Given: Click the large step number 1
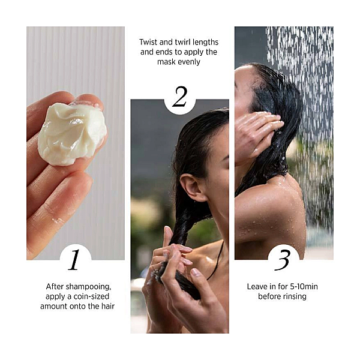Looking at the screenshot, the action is pyautogui.click(x=74, y=260).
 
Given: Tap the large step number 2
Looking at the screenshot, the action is pyautogui.click(x=180, y=97).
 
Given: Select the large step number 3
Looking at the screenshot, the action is pyautogui.click(x=283, y=260).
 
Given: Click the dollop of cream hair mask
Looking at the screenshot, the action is pyautogui.click(x=71, y=134).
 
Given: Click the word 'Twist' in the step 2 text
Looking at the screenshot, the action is pyautogui.click(x=148, y=42).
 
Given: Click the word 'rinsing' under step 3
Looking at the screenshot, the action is pyautogui.click(x=295, y=296).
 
